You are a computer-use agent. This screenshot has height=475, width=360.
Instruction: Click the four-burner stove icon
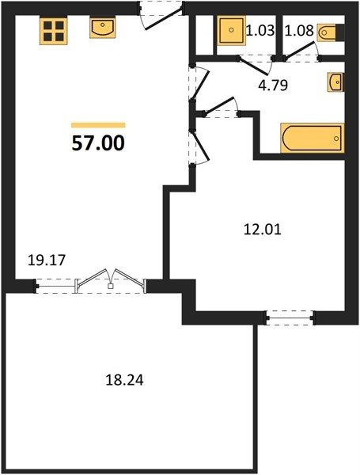click(53, 31)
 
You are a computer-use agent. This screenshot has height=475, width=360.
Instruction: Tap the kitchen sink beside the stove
click(103, 28)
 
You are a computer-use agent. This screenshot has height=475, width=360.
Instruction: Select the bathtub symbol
click(313, 138)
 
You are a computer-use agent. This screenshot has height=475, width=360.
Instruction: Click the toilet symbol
click(328, 32)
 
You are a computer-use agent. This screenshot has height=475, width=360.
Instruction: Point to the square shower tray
click(231, 30)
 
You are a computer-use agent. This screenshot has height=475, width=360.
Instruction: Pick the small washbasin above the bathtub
click(335, 82)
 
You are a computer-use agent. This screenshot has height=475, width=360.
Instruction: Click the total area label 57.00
click(98, 143)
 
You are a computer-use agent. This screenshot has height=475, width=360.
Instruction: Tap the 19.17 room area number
click(47, 260)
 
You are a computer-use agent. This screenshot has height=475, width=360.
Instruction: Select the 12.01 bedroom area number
click(263, 230)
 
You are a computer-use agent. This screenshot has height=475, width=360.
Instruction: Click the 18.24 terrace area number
click(124, 380)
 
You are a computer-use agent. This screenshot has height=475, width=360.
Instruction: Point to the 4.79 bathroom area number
click(273, 85)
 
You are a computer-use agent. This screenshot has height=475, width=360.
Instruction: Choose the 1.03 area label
click(260, 30)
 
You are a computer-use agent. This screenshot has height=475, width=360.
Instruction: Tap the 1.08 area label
click(299, 30)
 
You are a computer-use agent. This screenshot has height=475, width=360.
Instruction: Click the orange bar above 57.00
click(98, 125)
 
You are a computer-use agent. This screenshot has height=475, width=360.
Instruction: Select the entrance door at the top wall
click(161, 15)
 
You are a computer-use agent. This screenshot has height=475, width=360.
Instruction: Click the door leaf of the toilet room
click(300, 50)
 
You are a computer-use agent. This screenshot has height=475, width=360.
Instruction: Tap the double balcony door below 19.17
click(111, 280)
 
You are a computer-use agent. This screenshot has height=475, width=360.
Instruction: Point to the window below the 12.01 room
click(290, 317)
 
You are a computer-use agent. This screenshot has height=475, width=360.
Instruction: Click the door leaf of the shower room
click(253, 66)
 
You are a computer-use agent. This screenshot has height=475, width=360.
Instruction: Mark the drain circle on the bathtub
click(336, 139)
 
